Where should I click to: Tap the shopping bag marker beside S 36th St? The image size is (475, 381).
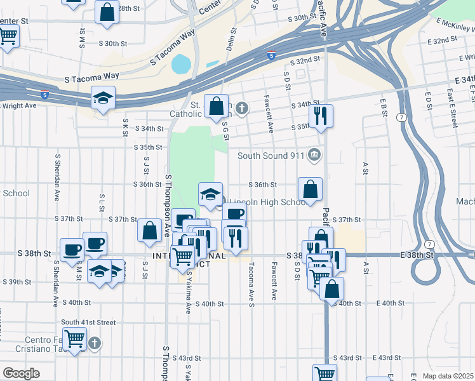tap(310, 189)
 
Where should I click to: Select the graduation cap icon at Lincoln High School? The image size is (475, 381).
tap(211, 194)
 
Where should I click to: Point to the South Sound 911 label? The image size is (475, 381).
tap(271, 156)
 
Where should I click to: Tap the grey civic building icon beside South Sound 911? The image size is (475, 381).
tap(314, 155)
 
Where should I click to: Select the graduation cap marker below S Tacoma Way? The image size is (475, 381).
tap(103, 98)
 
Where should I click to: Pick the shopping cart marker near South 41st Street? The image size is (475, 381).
tap(75, 340)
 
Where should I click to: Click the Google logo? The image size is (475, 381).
tap(21, 373)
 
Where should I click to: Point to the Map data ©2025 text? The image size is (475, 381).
tap(448, 376)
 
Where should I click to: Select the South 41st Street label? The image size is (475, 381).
tap(88, 323)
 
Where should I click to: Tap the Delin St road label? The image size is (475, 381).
tap(231, 39)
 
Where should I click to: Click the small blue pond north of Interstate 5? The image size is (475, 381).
tap(181, 63)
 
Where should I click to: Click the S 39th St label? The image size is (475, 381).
tap(18, 282)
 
